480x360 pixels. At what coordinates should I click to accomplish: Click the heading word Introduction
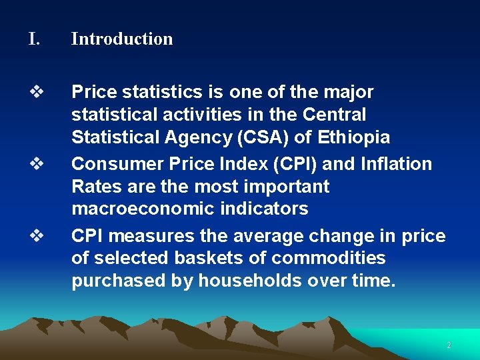(122, 39)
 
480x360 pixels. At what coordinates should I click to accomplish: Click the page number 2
(449, 345)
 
